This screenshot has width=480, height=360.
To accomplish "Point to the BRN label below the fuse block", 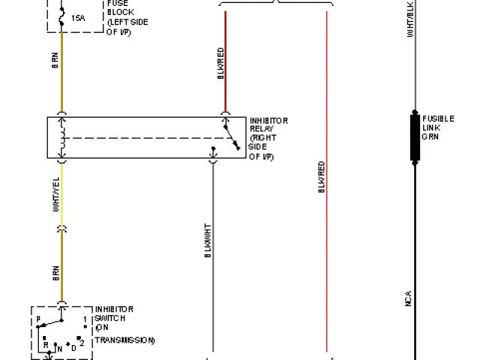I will coord(55,60).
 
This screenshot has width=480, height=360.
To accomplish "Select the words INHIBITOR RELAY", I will coord(268,124).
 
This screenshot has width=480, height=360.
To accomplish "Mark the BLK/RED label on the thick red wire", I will coord(220,63).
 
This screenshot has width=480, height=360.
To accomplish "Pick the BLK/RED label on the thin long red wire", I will coord(321,178).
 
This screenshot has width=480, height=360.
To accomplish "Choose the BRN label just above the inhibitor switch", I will coord(55,273).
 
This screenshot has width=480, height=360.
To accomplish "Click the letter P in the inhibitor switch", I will coord(37,319).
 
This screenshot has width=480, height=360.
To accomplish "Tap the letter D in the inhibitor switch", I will coord(73,347).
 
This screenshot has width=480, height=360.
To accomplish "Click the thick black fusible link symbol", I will coord(414,136).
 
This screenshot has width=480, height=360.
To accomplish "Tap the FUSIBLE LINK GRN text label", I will coord(438,127).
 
